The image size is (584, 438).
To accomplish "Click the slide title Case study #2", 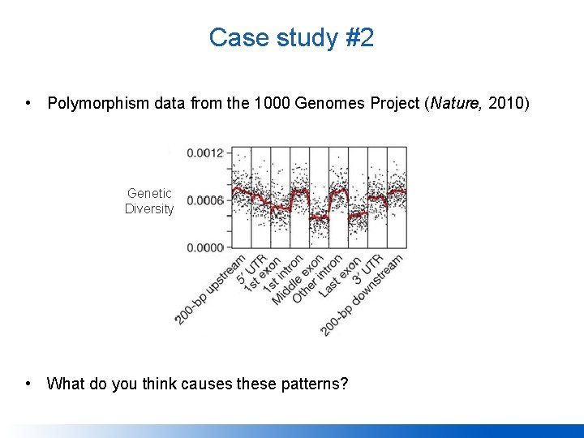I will [x=291, y=37].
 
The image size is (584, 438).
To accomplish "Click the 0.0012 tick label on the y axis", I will [x=205, y=152].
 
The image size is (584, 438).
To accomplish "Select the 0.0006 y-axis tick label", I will [x=205, y=200].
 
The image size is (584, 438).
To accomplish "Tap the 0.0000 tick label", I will [x=205, y=247].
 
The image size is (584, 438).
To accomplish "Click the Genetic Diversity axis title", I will [x=149, y=201].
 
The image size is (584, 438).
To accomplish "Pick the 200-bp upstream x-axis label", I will [x=209, y=290].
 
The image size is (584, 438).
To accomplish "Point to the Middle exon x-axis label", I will [x=297, y=281].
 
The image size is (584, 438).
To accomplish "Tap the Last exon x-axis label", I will [x=339, y=277].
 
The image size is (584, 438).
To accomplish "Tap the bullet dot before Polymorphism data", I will [x=28, y=103].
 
